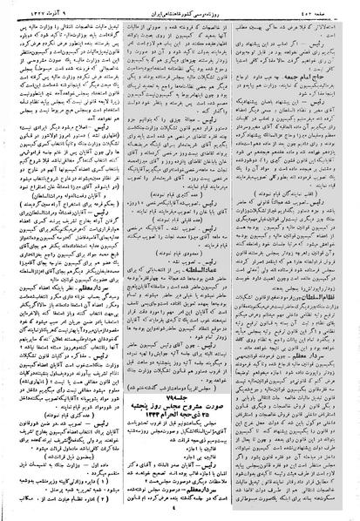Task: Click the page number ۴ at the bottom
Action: coord(180,513)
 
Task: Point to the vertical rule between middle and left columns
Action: coord(120,261)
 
